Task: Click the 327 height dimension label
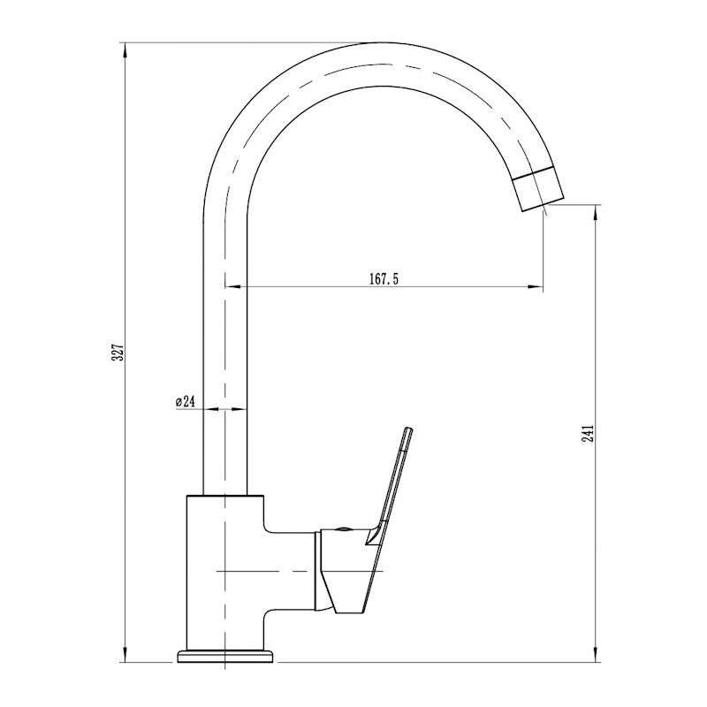click(x=118, y=352)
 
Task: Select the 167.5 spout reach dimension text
click(x=384, y=279)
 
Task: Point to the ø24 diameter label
click(x=186, y=401)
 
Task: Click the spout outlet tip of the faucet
click(x=544, y=204)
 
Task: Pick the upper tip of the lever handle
click(x=408, y=429)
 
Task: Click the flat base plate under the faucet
click(x=225, y=656)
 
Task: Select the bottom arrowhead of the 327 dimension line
click(x=125, y=655)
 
